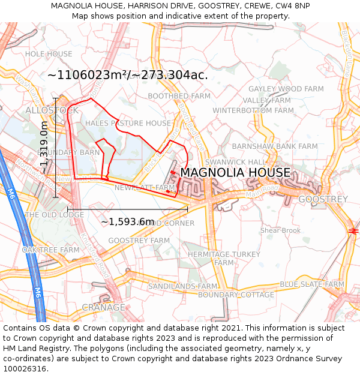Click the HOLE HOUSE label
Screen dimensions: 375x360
coord(49,54)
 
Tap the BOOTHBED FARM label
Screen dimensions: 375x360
coord(179,96)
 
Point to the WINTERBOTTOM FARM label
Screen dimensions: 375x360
coord(253,110)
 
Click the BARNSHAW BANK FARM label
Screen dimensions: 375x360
coord(275,146)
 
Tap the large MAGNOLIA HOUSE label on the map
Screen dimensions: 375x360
coord(235,173)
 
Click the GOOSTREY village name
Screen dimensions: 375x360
coord(323,199)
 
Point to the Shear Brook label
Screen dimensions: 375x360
coord(280,230)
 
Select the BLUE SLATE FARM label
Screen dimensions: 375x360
coord(312,284)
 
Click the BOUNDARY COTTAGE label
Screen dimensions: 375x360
coord(236,295)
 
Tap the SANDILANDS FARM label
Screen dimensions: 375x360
coord(182,287)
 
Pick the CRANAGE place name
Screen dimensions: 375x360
coord(103,307)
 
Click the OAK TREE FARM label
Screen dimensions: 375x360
coord(51,250)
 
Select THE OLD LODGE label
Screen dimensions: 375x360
coord(55,215)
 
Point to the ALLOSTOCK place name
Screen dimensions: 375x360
coord(52,110)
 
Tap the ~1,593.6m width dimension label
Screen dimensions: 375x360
coord(127,222)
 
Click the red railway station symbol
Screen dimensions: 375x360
coord(353,230)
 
